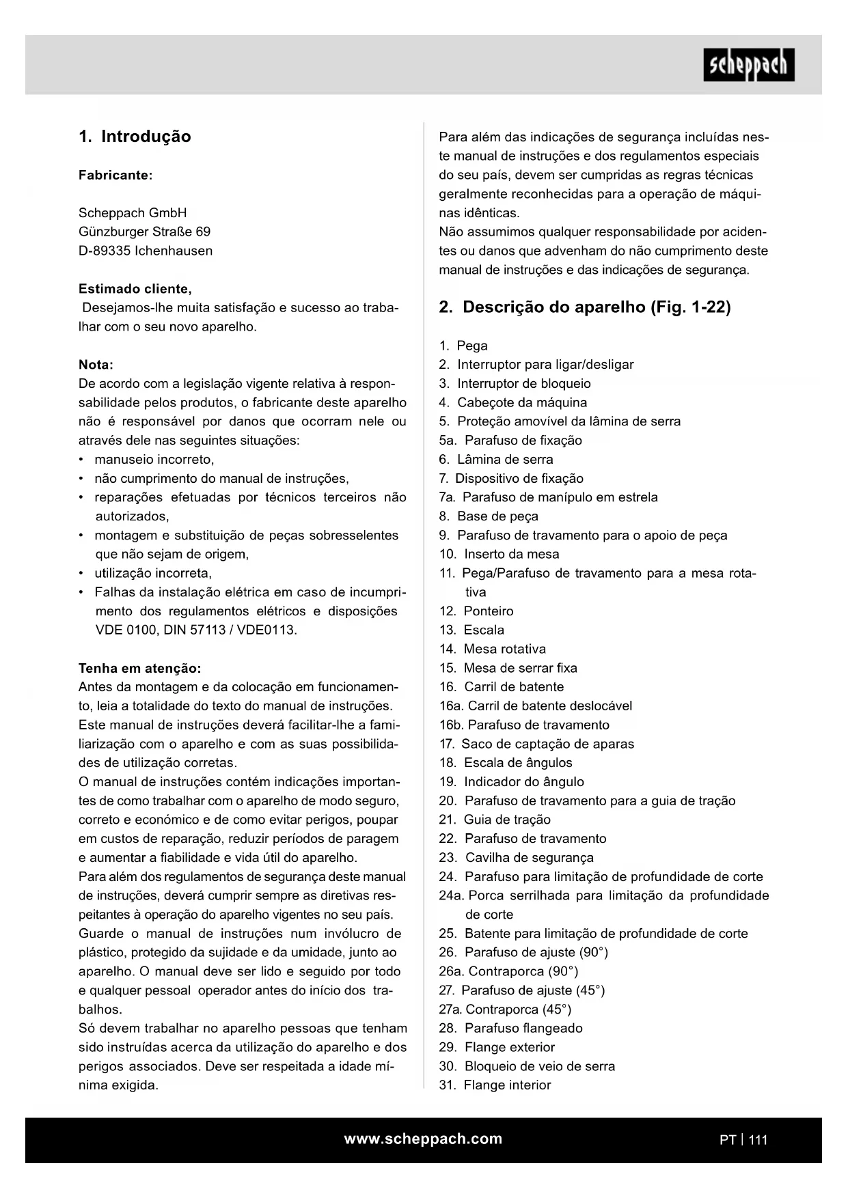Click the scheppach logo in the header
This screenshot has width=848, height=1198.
(x=749, y=65)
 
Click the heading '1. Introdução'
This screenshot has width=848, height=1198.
(x=135, y=137)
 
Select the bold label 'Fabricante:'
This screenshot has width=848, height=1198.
(x=115, y=175)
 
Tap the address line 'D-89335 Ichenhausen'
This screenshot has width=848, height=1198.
(x=146, y=251)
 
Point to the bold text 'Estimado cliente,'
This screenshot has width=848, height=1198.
(x=135, y=288)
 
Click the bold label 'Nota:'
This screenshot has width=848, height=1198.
(x=96, y=364)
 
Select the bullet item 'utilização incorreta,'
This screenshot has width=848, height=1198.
(x=153, y=573)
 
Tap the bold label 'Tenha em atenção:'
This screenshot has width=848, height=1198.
(x=140, y=667)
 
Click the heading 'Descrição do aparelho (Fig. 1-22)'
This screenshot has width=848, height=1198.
(x=597, y=307)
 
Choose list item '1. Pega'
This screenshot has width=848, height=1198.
(x=464, y=346)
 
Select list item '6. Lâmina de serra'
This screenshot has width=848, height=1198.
(x=497, y=459)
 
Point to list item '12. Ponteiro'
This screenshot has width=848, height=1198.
(x=477, y=611)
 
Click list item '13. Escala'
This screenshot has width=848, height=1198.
(x=472, y=630)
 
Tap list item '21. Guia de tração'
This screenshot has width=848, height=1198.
(x=495, y=820)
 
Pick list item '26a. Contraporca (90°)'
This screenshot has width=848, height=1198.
(x=509, y=971)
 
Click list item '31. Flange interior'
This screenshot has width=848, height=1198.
(x=495, y=1085)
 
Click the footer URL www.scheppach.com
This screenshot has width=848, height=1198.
(x=423, y=1139)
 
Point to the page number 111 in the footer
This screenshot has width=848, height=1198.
(x=758, y=1139)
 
